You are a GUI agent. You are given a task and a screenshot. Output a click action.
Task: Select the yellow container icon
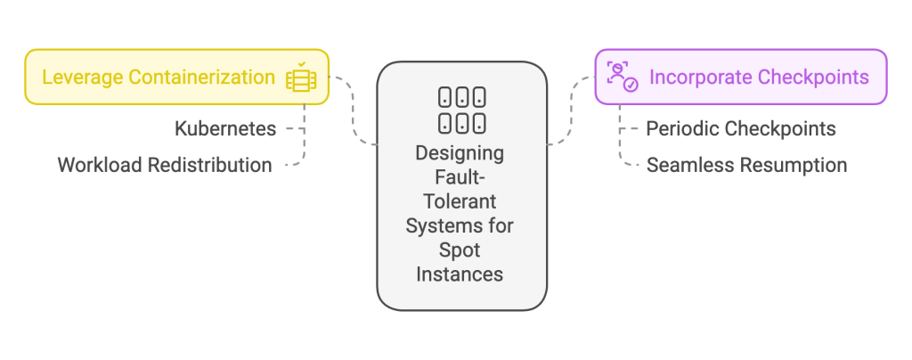point(300,78)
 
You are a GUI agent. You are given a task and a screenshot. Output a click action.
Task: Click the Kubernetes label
point(225,129)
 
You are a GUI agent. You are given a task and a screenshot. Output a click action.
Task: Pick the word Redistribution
point(209,165)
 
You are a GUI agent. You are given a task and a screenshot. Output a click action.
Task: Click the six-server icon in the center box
point(461,110)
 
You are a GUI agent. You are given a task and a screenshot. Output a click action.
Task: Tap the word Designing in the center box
point(460,153)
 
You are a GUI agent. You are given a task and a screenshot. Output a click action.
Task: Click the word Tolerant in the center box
point(460,201)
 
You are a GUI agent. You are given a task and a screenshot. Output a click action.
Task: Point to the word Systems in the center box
point(438,225)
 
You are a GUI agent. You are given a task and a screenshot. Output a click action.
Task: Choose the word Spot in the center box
point(460,250)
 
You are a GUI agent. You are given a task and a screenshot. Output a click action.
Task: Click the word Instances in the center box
point(460,274)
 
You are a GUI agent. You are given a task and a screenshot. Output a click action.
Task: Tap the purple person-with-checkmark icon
point(622,78)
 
